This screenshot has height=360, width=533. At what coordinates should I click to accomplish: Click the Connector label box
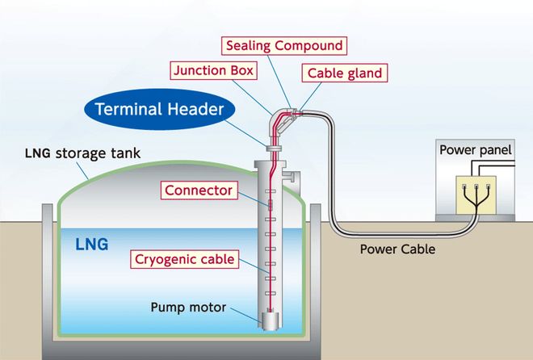pos(199,190)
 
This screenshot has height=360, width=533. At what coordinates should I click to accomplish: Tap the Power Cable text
pos(397,249)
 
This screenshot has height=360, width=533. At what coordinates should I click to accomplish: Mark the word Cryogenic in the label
pos(168,259)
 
